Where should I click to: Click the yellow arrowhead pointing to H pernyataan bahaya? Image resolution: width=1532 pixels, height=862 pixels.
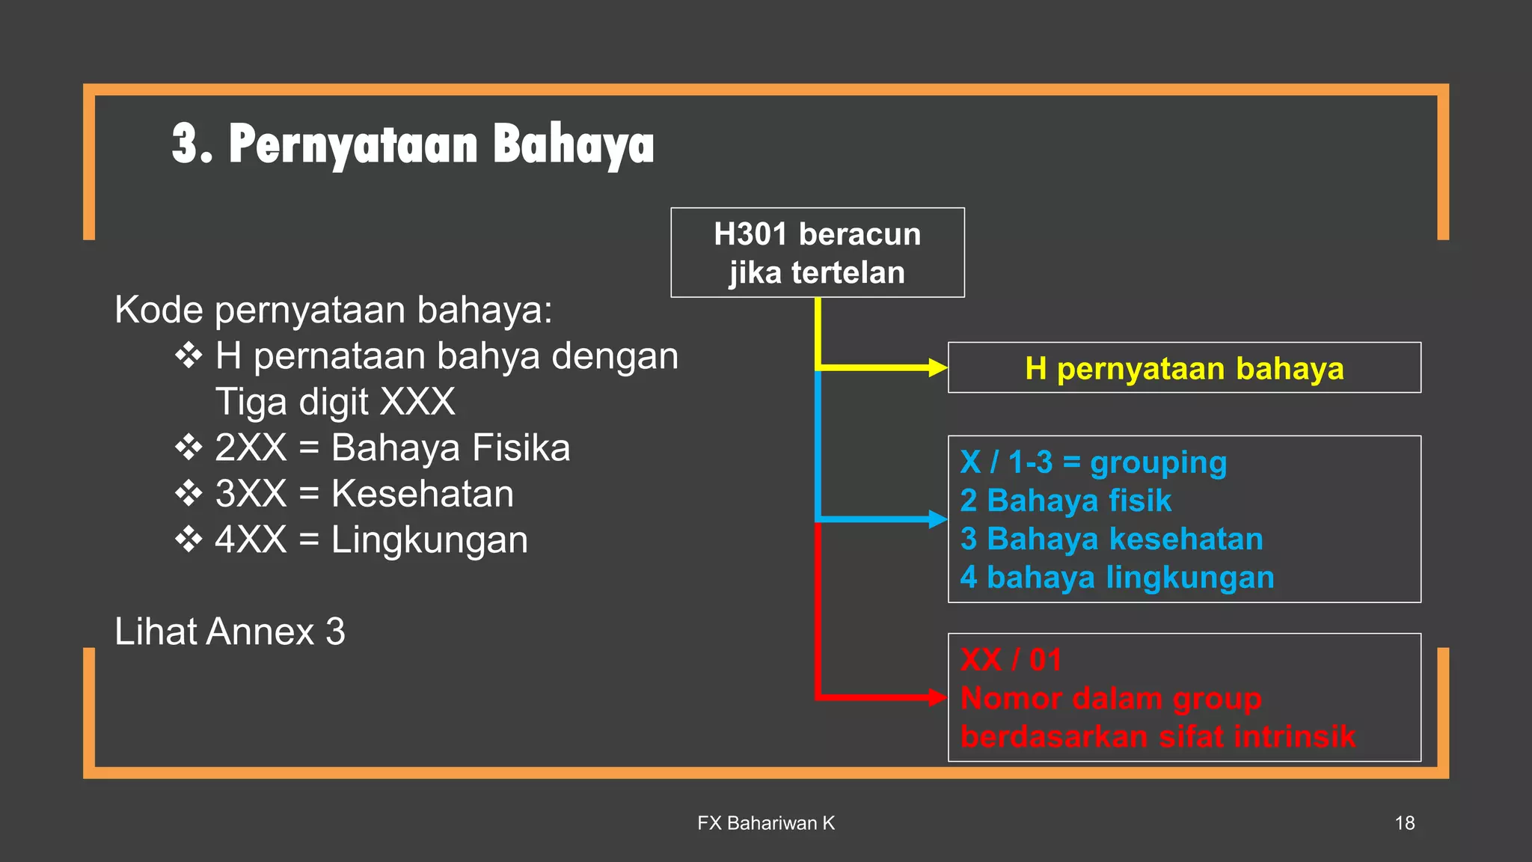pos(937,367)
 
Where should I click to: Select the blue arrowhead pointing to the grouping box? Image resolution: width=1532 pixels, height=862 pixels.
pos(937,519)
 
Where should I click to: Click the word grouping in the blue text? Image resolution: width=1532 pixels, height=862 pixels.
pos(1158,463)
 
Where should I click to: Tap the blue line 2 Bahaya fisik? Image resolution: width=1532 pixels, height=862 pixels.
pos(1065,501)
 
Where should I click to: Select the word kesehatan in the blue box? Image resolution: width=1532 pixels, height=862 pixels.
pos(1185,539)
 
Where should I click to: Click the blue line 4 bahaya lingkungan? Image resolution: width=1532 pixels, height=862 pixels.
pos(1117,578)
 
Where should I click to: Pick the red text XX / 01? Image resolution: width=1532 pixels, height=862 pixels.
pos(1011,660)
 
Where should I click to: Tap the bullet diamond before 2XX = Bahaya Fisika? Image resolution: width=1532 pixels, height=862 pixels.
pos(189,447)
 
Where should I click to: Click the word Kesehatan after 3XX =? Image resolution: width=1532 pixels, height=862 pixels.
pos(423,494)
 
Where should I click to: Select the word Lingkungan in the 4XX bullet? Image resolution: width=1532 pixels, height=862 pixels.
pos(429,540)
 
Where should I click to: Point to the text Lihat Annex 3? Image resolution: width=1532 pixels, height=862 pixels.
pos(230,632)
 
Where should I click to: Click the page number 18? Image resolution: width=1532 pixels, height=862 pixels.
pos(1404,823)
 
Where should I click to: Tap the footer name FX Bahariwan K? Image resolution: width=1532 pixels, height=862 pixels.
pos(765,823)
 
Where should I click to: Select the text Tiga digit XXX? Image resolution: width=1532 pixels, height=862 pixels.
pos(335,402)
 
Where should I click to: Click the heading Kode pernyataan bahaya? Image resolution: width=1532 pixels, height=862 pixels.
pos(333,310)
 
